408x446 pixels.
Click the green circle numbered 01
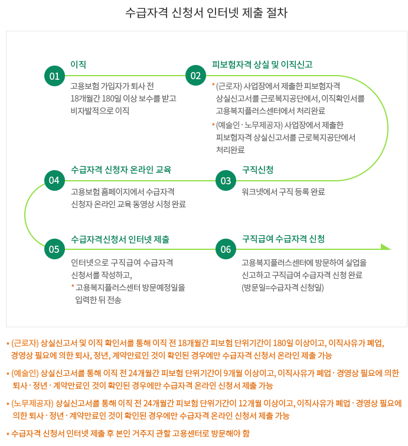54,76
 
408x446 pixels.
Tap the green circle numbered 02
195,76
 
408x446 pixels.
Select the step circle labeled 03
226,181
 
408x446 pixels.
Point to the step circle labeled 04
54,181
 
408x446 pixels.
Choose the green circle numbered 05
54,249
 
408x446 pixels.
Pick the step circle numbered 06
226,249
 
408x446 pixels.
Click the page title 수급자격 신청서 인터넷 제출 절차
206,13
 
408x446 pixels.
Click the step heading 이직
78,64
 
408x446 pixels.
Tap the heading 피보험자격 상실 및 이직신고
262,64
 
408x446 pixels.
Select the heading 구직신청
257,170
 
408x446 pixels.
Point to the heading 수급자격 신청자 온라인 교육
120,170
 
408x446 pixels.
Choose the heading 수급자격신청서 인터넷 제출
120,239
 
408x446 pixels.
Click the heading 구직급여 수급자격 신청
283,239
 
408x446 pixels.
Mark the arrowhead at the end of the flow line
386,247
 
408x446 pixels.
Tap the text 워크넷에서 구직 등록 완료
283,192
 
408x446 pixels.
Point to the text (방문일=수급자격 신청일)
283,288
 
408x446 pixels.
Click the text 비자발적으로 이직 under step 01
99,110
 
